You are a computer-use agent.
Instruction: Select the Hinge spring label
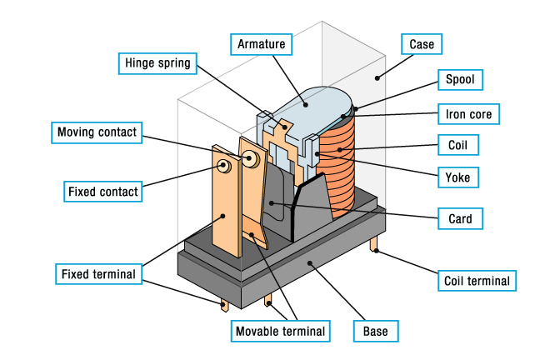pyautogui.click(x=157, y=62)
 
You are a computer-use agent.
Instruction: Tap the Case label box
pyautogui.click(x=422, y=43)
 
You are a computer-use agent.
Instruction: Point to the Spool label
pyautogui.click(x=460, y=80)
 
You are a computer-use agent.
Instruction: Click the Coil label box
pyautogui.click(x=458, y=145)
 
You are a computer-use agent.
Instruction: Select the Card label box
pyautogui.click(x=459, y=220)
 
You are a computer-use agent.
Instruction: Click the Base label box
pyautogui.click(x=375, y=331)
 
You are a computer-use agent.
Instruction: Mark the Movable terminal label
pyautogui.click(x=280, y=331)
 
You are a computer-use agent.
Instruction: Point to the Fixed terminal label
pyautogui.click(x=97, y=273)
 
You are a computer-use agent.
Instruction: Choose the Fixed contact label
pyautogui.click(x=102, y=192)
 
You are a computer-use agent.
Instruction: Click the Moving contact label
pyautogui.click(x=97, y=132)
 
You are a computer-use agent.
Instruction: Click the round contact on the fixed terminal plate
pyautogui.click(x=224, y=165)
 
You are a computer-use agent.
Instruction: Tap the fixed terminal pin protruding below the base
pyautogui.click(x=225, y=304)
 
